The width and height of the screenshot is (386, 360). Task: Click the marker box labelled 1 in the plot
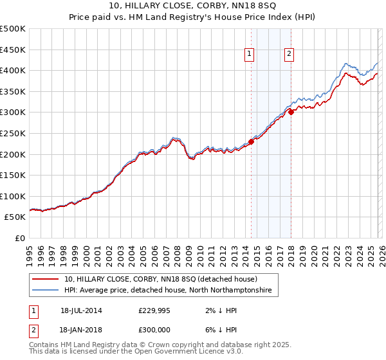coord(248,55)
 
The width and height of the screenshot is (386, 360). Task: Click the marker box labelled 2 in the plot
coord(289,55)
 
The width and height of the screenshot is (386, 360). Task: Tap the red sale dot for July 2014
coord(251,142)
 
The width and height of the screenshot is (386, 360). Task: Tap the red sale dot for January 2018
coord(291,112)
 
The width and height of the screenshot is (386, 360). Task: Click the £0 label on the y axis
coord(19,238)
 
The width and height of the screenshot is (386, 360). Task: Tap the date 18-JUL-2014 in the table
coord(81,310)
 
